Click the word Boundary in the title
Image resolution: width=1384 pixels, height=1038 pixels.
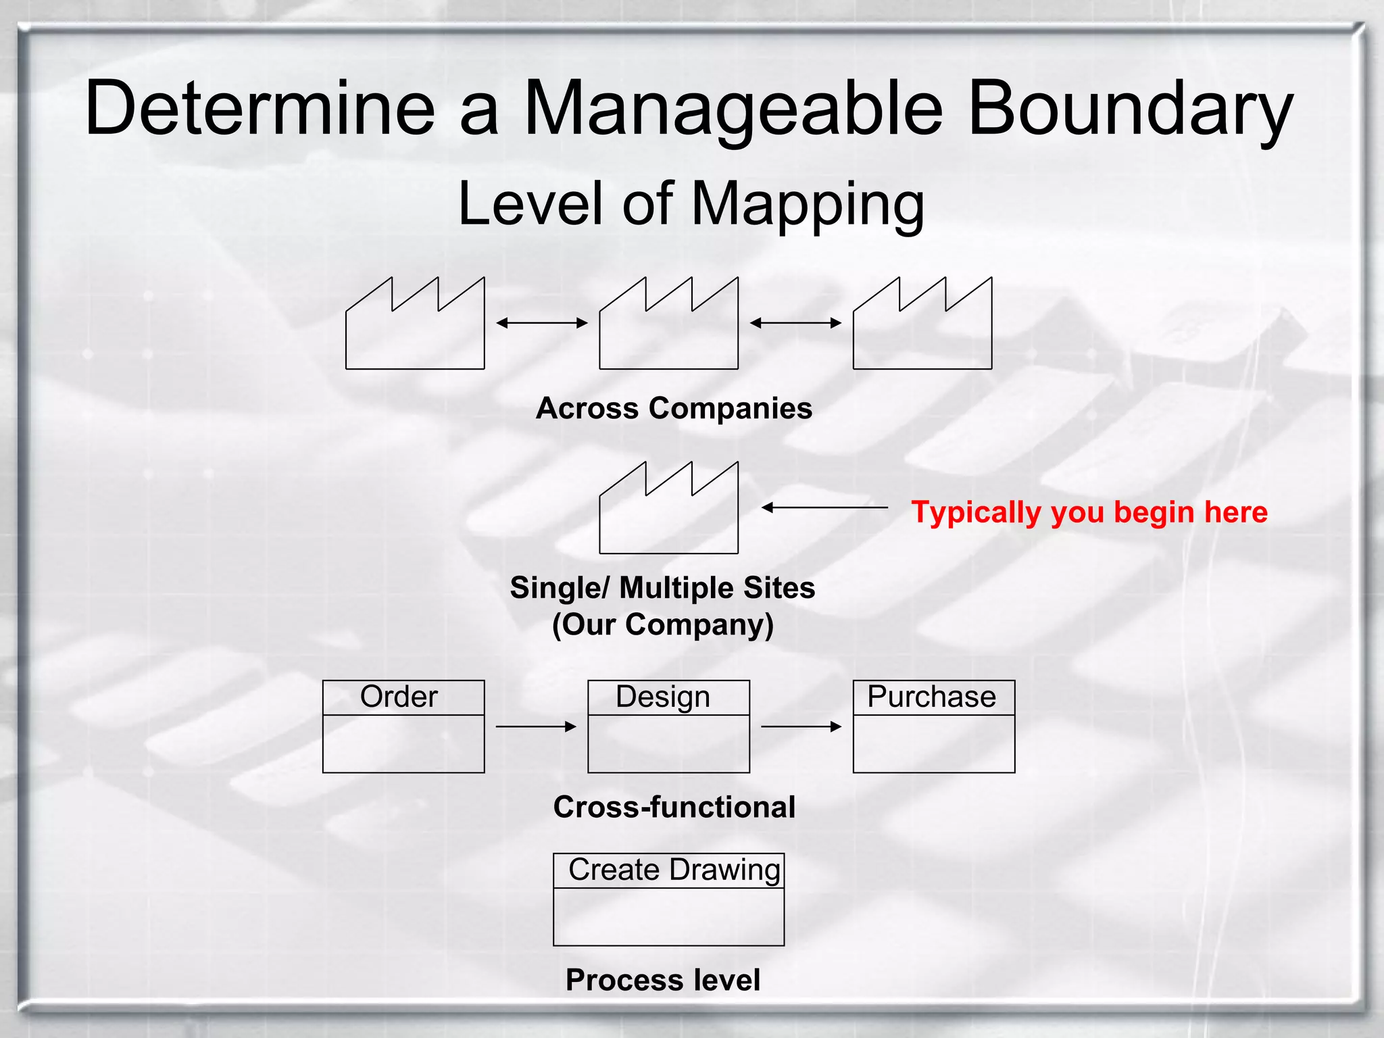click(1130, 108)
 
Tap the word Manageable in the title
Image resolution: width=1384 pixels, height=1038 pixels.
click(733, 108)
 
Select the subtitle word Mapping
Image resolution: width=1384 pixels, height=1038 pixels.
click(808, 204)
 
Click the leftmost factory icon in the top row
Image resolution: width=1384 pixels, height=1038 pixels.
click(415, 331)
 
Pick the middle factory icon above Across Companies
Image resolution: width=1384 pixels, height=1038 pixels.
click(668, 331)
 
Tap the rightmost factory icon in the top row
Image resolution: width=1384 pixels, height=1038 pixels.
click(922, 331)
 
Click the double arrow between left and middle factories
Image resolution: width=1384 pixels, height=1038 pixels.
click(542, 323)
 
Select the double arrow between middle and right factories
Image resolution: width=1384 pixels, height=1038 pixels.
click(795, 323)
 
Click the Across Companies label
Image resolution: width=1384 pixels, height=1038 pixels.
click(674, 408)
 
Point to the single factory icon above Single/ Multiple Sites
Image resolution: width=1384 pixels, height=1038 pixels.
click(668, 515)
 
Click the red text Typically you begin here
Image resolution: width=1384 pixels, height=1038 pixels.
click(1089, 512)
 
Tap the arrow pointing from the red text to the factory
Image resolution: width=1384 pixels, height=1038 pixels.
click(824, 507)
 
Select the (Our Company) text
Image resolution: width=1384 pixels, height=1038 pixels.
click(662, 624)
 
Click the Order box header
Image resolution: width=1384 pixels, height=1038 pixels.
click(403, 697)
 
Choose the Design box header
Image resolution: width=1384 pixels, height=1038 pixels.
click(668, 697)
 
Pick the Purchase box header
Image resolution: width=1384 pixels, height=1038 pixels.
click(933, 697)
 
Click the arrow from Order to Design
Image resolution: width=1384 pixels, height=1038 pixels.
click(536, 726)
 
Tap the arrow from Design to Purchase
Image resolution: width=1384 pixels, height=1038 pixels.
click(801, 726)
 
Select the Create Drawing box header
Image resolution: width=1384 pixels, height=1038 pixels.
click(669, 870)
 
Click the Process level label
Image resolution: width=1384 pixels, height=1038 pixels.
click(662, 980)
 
